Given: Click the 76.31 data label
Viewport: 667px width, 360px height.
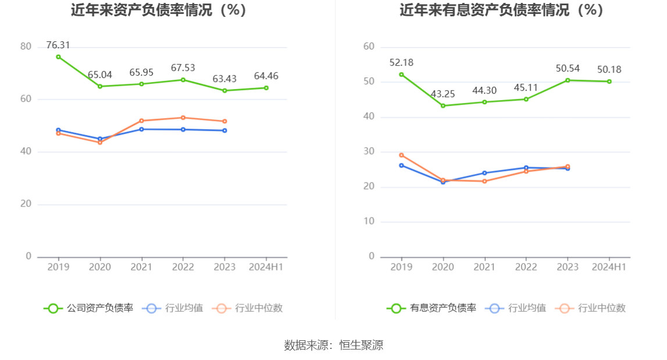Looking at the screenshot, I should (58, 45).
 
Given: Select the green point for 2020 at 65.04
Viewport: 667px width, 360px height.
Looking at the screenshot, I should (100, 87).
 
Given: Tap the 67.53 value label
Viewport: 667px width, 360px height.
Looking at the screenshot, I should (183, 68).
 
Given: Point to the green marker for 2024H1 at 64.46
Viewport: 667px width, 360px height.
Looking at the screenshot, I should (266, 88).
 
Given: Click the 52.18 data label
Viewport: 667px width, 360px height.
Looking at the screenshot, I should (401, 63).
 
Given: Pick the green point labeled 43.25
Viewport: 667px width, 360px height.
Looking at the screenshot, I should (443, 106).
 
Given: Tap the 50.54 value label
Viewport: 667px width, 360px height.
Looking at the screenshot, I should (568, 69).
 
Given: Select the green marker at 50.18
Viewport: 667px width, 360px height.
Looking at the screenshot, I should (609, 81).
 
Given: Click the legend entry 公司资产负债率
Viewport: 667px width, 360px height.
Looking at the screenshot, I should (88, 308).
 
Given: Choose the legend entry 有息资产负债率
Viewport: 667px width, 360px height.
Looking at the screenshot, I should (431, 308).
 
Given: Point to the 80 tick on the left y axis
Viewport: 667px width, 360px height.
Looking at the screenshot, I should (26, 47).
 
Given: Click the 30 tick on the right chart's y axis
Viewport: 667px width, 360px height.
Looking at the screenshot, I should (369, 152).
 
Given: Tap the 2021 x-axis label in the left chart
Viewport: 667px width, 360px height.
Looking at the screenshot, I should (141, 267).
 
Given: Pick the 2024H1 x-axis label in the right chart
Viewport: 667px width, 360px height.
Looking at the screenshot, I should (609, 267).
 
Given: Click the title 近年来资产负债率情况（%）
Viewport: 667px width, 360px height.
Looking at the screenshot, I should (158, 10).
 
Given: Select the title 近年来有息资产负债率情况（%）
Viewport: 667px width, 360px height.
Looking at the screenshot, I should (501, 10).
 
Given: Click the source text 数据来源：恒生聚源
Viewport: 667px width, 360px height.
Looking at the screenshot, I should (333, 345).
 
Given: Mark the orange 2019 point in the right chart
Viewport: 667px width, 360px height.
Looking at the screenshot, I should (401, 155).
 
